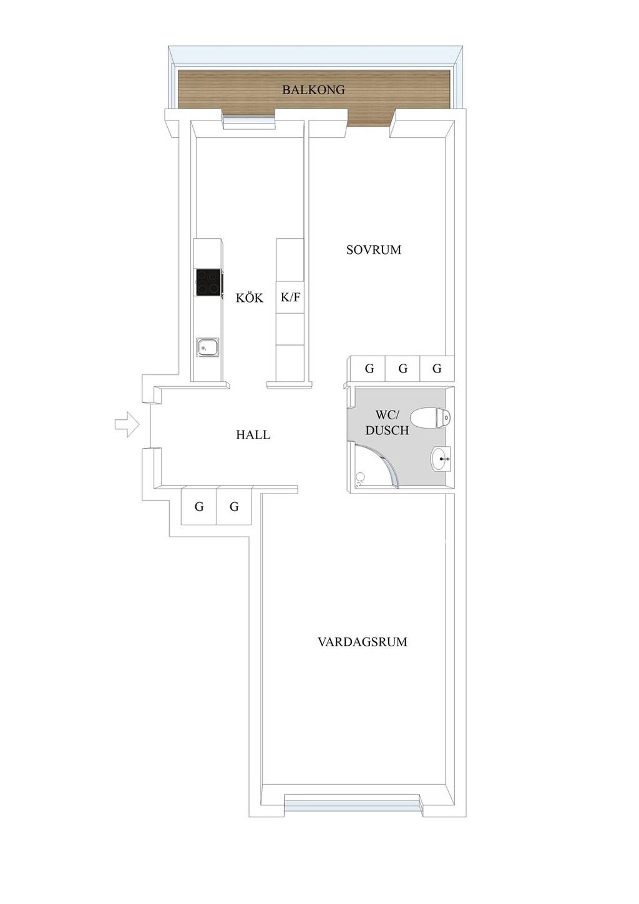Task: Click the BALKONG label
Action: tap(313, 90)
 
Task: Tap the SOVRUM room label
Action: tap(373, 250)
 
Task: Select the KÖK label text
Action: tap(249, 298)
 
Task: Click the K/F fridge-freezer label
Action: tap(290, 297)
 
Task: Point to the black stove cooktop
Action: tap(208, 283)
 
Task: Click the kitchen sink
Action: tap(207, 347)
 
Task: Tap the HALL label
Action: tap(253, 435)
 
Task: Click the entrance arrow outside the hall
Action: tap(127, 424)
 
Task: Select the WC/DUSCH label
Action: tap(387, 422)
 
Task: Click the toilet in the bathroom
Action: tap(436, 417)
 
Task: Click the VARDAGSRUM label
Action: tap(362, 642)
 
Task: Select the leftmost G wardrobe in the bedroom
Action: tap(369, 369)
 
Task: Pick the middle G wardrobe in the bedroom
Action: tap(402, 369)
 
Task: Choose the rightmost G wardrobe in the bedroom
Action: tap(437, 369)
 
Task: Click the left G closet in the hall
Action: tap(199, 507)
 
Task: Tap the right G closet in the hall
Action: tap(234, 507)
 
